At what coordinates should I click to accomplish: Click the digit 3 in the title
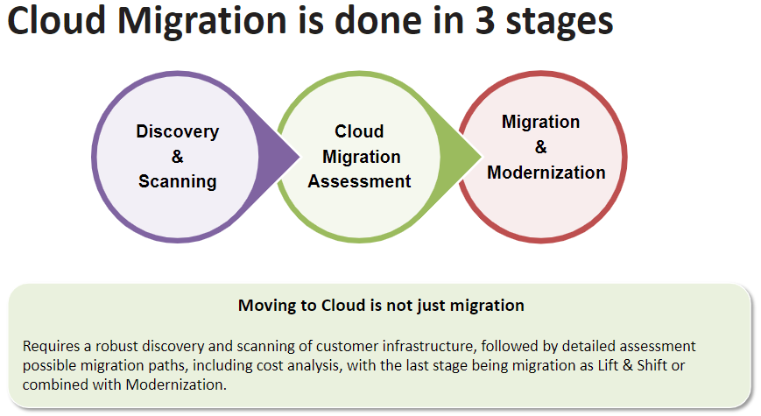click(485, 21)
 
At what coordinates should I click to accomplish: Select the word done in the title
click(377, 20)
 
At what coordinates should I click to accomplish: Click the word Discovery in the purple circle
click(178, 131)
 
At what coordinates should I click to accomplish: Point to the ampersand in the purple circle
click(178, 156)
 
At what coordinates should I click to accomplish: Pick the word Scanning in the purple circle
click(178, 181)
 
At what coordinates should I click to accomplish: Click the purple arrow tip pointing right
click(299, 157)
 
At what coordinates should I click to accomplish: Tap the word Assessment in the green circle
click(360, 181)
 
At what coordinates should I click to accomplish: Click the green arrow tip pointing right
click(481, 157)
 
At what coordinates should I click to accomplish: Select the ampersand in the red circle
click(541, 146)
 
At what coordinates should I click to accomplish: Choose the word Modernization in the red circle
click(546, 173)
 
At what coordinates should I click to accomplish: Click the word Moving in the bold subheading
click(266, 306)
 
